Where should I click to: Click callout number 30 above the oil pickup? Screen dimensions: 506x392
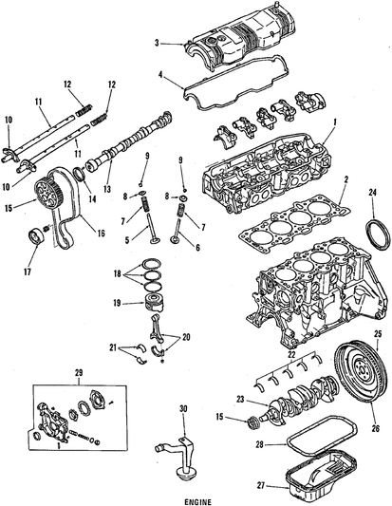coord(183,410)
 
